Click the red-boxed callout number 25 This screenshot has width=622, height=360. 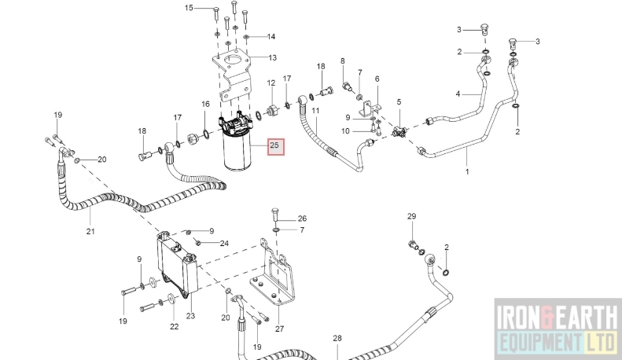coord(275,146)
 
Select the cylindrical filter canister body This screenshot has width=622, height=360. coord(241,152)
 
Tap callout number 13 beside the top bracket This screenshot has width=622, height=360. coord(272,57)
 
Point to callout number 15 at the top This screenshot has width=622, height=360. coord(189,8)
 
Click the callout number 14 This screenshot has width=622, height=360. coord(271,37)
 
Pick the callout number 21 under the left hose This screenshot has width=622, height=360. coord(90,231)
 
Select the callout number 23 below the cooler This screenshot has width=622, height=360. coord(190,317)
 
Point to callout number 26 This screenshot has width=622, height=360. coord(302,219)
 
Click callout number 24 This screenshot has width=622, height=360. coord(224,243)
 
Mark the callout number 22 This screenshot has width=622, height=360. coord(174,326)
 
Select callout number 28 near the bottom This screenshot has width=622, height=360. coord(337,338)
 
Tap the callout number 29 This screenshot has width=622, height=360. coord(411,216)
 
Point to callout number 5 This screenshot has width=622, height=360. coord(399,102)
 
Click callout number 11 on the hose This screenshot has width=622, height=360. coord(315,111)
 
